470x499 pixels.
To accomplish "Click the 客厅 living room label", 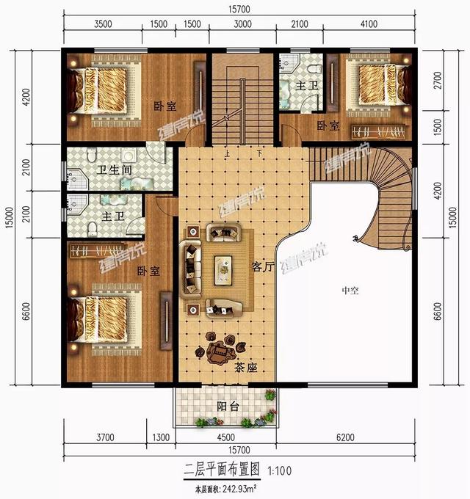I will (x=262, y=268).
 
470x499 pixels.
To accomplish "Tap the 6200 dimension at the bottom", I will (x=345, y=438).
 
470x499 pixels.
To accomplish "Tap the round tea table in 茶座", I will (x=218, y=350).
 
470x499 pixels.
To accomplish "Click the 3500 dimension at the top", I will (x=103, y=23).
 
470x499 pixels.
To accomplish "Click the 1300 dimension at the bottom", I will (x=160, y=438).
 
